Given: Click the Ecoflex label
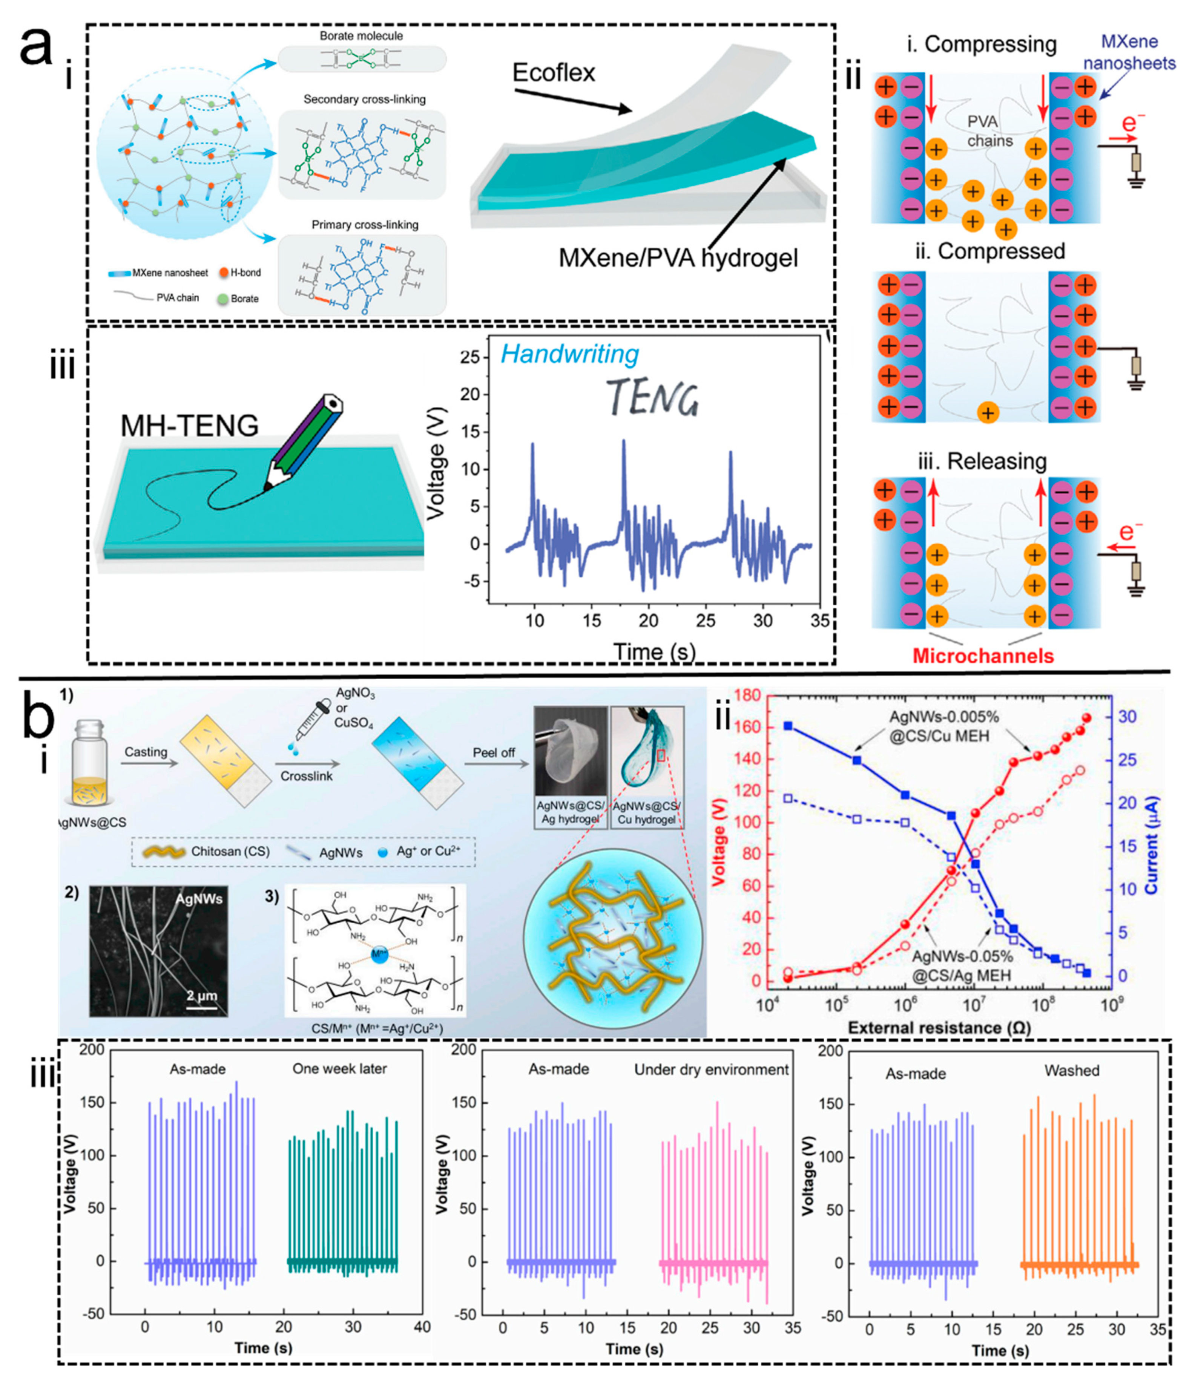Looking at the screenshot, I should (x=553, y=72).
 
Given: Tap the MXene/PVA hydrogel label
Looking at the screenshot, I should (x=678, y=257).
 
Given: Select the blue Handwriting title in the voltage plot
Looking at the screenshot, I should (x=570, y=354).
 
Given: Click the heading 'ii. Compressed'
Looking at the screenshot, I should (x=990, y=251).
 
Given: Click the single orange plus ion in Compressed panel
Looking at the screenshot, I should (x=987, y=412).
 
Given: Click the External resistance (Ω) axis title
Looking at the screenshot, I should (x=939, y=1027).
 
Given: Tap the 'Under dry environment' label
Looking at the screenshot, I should (x=711, y=1069).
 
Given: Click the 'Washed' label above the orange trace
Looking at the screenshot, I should (x=1071, y=1070).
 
